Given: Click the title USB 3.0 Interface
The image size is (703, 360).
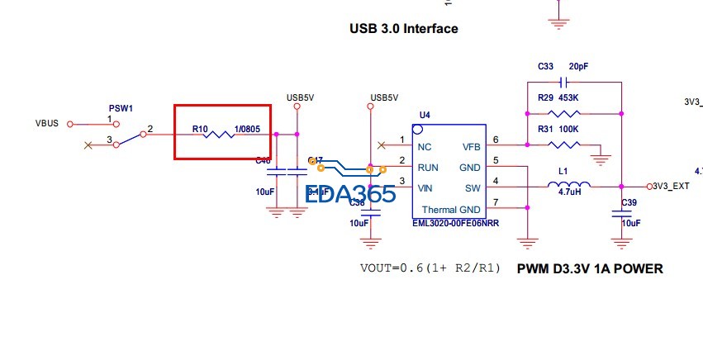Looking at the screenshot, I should [404, 29].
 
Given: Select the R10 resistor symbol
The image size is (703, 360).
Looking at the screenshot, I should [222, 134].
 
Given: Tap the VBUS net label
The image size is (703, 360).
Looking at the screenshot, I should [47, 124].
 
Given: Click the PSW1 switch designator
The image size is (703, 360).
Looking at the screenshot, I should [121, 108].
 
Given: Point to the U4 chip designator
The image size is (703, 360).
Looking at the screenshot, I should [425, 114].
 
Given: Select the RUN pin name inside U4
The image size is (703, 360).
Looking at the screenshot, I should [428, 167].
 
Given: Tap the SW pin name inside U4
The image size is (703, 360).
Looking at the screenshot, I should [473, 187].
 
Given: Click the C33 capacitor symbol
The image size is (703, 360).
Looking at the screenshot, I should [564, 83].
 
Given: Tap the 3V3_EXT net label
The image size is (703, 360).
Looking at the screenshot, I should [672, 187].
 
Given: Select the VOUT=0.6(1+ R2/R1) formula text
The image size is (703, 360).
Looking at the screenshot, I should [429, 268].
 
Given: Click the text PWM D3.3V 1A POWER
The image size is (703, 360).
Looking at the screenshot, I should [590, 268].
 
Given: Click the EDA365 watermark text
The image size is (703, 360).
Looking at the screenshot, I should [349, 194].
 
